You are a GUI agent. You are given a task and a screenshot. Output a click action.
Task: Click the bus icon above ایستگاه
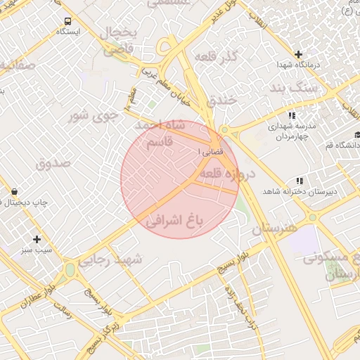pyautogui.click(x=67, y=21)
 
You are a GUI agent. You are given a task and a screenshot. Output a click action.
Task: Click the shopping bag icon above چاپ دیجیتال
pyautogui.click(x=15, y=191)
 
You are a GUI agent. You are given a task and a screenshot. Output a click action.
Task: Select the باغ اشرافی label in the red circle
pyautogui.click(x=173, y=221)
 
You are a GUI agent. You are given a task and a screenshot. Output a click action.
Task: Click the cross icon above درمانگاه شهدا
pyautogui.click(x=298, y=54)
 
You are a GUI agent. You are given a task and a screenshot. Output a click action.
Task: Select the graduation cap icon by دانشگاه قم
pyautogui.click(x=357, y=134)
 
